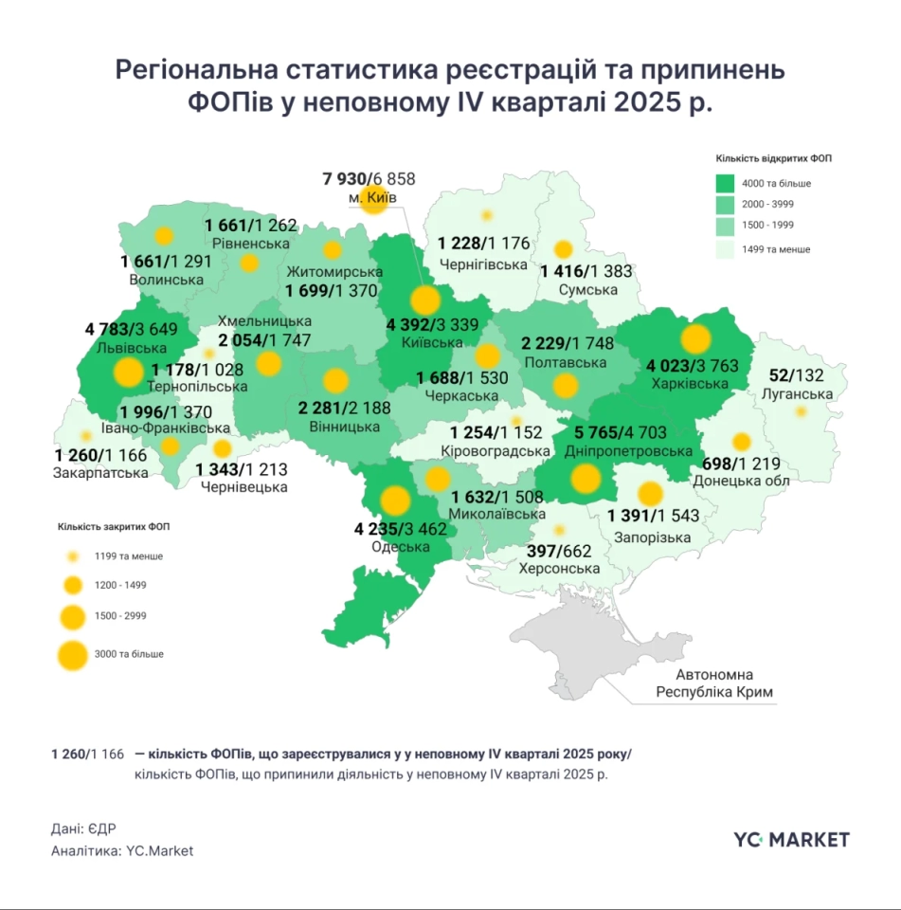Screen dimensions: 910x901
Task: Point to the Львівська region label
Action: (111, 347)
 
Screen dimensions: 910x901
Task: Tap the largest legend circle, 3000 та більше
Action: (71, 654)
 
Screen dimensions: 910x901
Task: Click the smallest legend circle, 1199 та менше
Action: (71, 556)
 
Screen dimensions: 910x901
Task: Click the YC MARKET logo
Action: (791, 839)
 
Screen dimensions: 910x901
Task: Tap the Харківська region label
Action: (690, 384)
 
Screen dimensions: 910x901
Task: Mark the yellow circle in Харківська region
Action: (696, 339)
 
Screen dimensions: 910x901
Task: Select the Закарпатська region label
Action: (100, 473)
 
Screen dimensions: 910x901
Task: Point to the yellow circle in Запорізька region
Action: (650, 494)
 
